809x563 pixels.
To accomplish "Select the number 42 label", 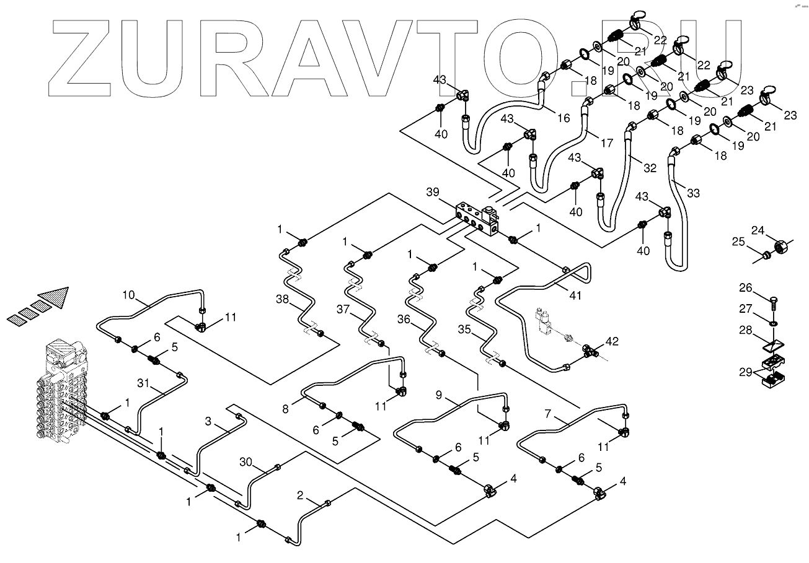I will (x=612, y=341).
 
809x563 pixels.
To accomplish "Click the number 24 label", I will (x=758, y=231).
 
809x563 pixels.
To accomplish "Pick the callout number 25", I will (x=738, y=242).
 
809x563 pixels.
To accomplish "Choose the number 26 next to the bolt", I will (x=745, y=287).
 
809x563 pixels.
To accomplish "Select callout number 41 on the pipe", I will (x=576, y=296).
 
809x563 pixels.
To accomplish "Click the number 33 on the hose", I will (x=693, y=193).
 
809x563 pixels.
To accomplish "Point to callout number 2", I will (x=301, y=495).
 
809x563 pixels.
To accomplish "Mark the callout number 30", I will (x=246, y=461).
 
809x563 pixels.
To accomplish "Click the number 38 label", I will (x=283, y=300).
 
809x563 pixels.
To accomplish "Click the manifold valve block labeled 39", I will (x=477, y=220).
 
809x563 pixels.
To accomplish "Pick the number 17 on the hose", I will (x=607, y=143).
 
